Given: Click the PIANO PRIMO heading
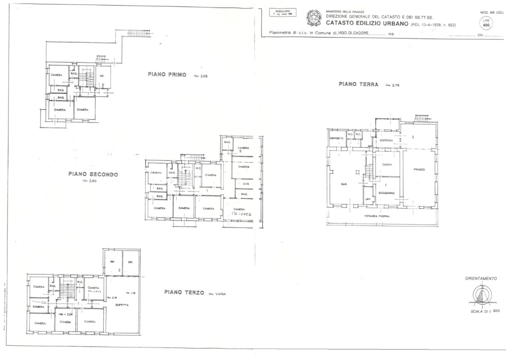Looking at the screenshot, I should click(167, 74).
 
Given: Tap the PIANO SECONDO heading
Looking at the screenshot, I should click(93, 174).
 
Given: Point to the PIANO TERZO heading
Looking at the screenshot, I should click(184, 292).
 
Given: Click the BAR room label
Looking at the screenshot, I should click(344, 183).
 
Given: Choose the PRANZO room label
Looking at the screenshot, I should click(419, 170).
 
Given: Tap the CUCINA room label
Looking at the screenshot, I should click(387, 164).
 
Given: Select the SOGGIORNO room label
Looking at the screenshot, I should click(387, 193).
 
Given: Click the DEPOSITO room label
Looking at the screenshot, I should click(336, 138).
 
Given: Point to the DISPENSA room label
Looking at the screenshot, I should click(386, 140).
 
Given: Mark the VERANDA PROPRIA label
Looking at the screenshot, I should click(377, 215).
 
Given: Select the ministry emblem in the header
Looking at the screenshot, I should click(314, 17).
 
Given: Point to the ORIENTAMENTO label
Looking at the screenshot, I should click(481, 278).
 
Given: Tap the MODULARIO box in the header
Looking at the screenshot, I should click(282, 12).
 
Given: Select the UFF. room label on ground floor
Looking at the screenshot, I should click(368, 199).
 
